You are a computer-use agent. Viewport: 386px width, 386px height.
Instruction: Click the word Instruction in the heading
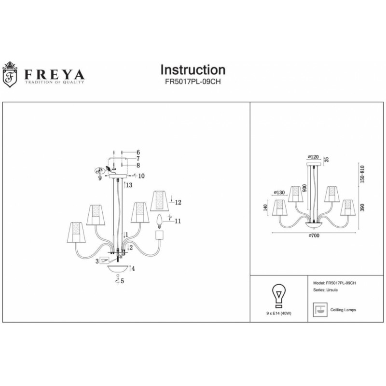click(x=193, y=70)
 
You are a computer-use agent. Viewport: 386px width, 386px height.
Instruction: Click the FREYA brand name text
click(x=52, y=75)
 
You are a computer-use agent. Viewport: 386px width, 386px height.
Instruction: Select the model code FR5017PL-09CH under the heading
click(x=193, y=82)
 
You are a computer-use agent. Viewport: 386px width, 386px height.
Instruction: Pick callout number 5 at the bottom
click(x=123, y=281)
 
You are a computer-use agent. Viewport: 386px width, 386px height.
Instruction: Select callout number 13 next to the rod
click(x=129, y=185)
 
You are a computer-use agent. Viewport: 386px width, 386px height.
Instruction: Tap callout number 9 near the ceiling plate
click(x=100, y=178)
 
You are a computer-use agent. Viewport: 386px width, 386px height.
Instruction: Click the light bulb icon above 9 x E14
click(x=278, y=295)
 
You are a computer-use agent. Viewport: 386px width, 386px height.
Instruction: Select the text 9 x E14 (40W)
click(x=278, y=314)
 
